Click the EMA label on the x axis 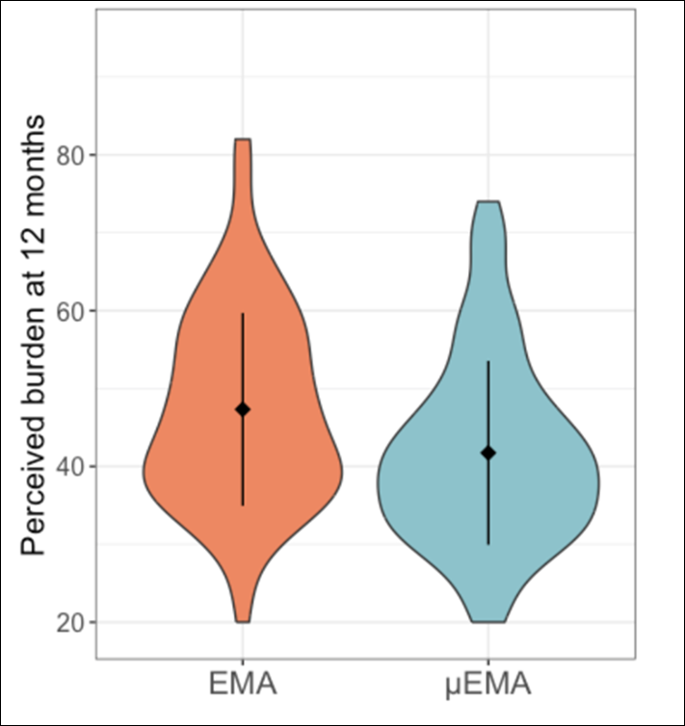(x=243, y=686)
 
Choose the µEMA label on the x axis (x=487, y=686)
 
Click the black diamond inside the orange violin (x=243, y=409)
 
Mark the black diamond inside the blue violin (x=488, y=453)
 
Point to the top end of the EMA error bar (x=243, y=313)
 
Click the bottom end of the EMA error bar (x=243, y=506)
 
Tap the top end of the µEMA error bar (x=488, y=361)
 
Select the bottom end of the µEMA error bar (x=488, y=544)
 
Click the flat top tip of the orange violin (x=243, y=140)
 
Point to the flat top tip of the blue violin (x=488, y=202)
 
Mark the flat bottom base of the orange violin (x=243, y=621)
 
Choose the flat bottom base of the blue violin (x=488, y=621)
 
